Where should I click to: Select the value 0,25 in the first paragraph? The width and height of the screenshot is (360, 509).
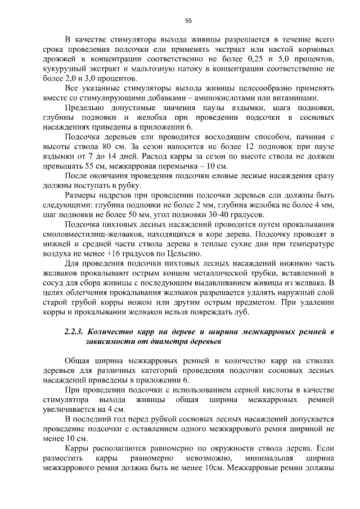256,59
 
